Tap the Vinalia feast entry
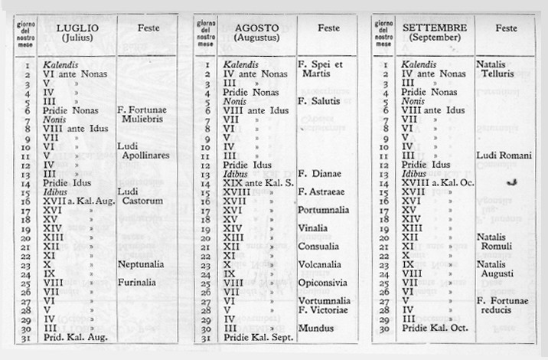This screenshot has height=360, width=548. [315, 227]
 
